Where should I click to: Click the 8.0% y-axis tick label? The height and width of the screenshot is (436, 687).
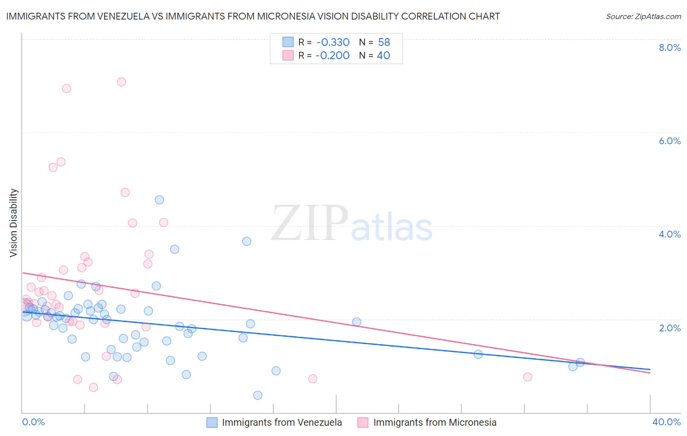[x=669, y=47]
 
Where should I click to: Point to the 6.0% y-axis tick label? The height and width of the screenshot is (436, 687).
[x=669, y=141]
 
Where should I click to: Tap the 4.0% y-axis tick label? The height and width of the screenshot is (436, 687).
[x=669, y=234]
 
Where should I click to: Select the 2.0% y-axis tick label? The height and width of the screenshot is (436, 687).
[x=669, y=328]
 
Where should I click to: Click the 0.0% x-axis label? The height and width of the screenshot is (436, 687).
[x=33, y=422]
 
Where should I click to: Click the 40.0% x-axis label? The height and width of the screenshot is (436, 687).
[x=666, y=422]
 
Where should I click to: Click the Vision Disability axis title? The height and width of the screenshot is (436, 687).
[x=14, y=222]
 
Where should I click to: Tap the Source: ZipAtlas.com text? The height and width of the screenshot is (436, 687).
[x=643, y=17]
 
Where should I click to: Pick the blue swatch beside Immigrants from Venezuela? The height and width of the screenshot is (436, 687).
[x=212, y=422]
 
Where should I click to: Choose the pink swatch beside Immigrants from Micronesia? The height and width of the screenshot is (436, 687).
[x=363, y=422]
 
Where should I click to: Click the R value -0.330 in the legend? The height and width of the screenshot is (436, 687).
[x=332, y=43]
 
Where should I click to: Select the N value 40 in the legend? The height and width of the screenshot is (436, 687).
[x=383, y=56]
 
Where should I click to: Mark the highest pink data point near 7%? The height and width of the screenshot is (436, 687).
[x=121, y=82]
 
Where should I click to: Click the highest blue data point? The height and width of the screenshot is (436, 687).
[x=159, y=199]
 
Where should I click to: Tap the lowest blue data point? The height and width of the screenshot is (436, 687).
[x=258, y=395]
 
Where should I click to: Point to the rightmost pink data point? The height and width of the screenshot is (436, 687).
[x=527, y=377]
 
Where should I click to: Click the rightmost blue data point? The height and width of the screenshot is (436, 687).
[x=580, y=362]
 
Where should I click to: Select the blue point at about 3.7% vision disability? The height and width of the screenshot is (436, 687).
[x=247, y=241]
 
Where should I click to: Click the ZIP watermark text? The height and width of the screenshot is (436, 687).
[x=309, y=224]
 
